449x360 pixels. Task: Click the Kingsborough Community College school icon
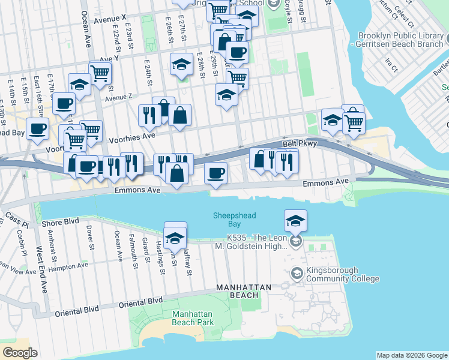pos(297,274)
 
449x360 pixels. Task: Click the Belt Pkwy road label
pos(300,143)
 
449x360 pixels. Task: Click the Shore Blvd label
pos(61,222)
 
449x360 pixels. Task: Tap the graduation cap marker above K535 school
pos(295,221)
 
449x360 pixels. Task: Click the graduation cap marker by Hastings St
pos(175,235)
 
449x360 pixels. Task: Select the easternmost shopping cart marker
pos(354,122)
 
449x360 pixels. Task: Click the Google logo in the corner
pos(20,353)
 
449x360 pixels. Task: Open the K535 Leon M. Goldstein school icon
pos(295,241)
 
